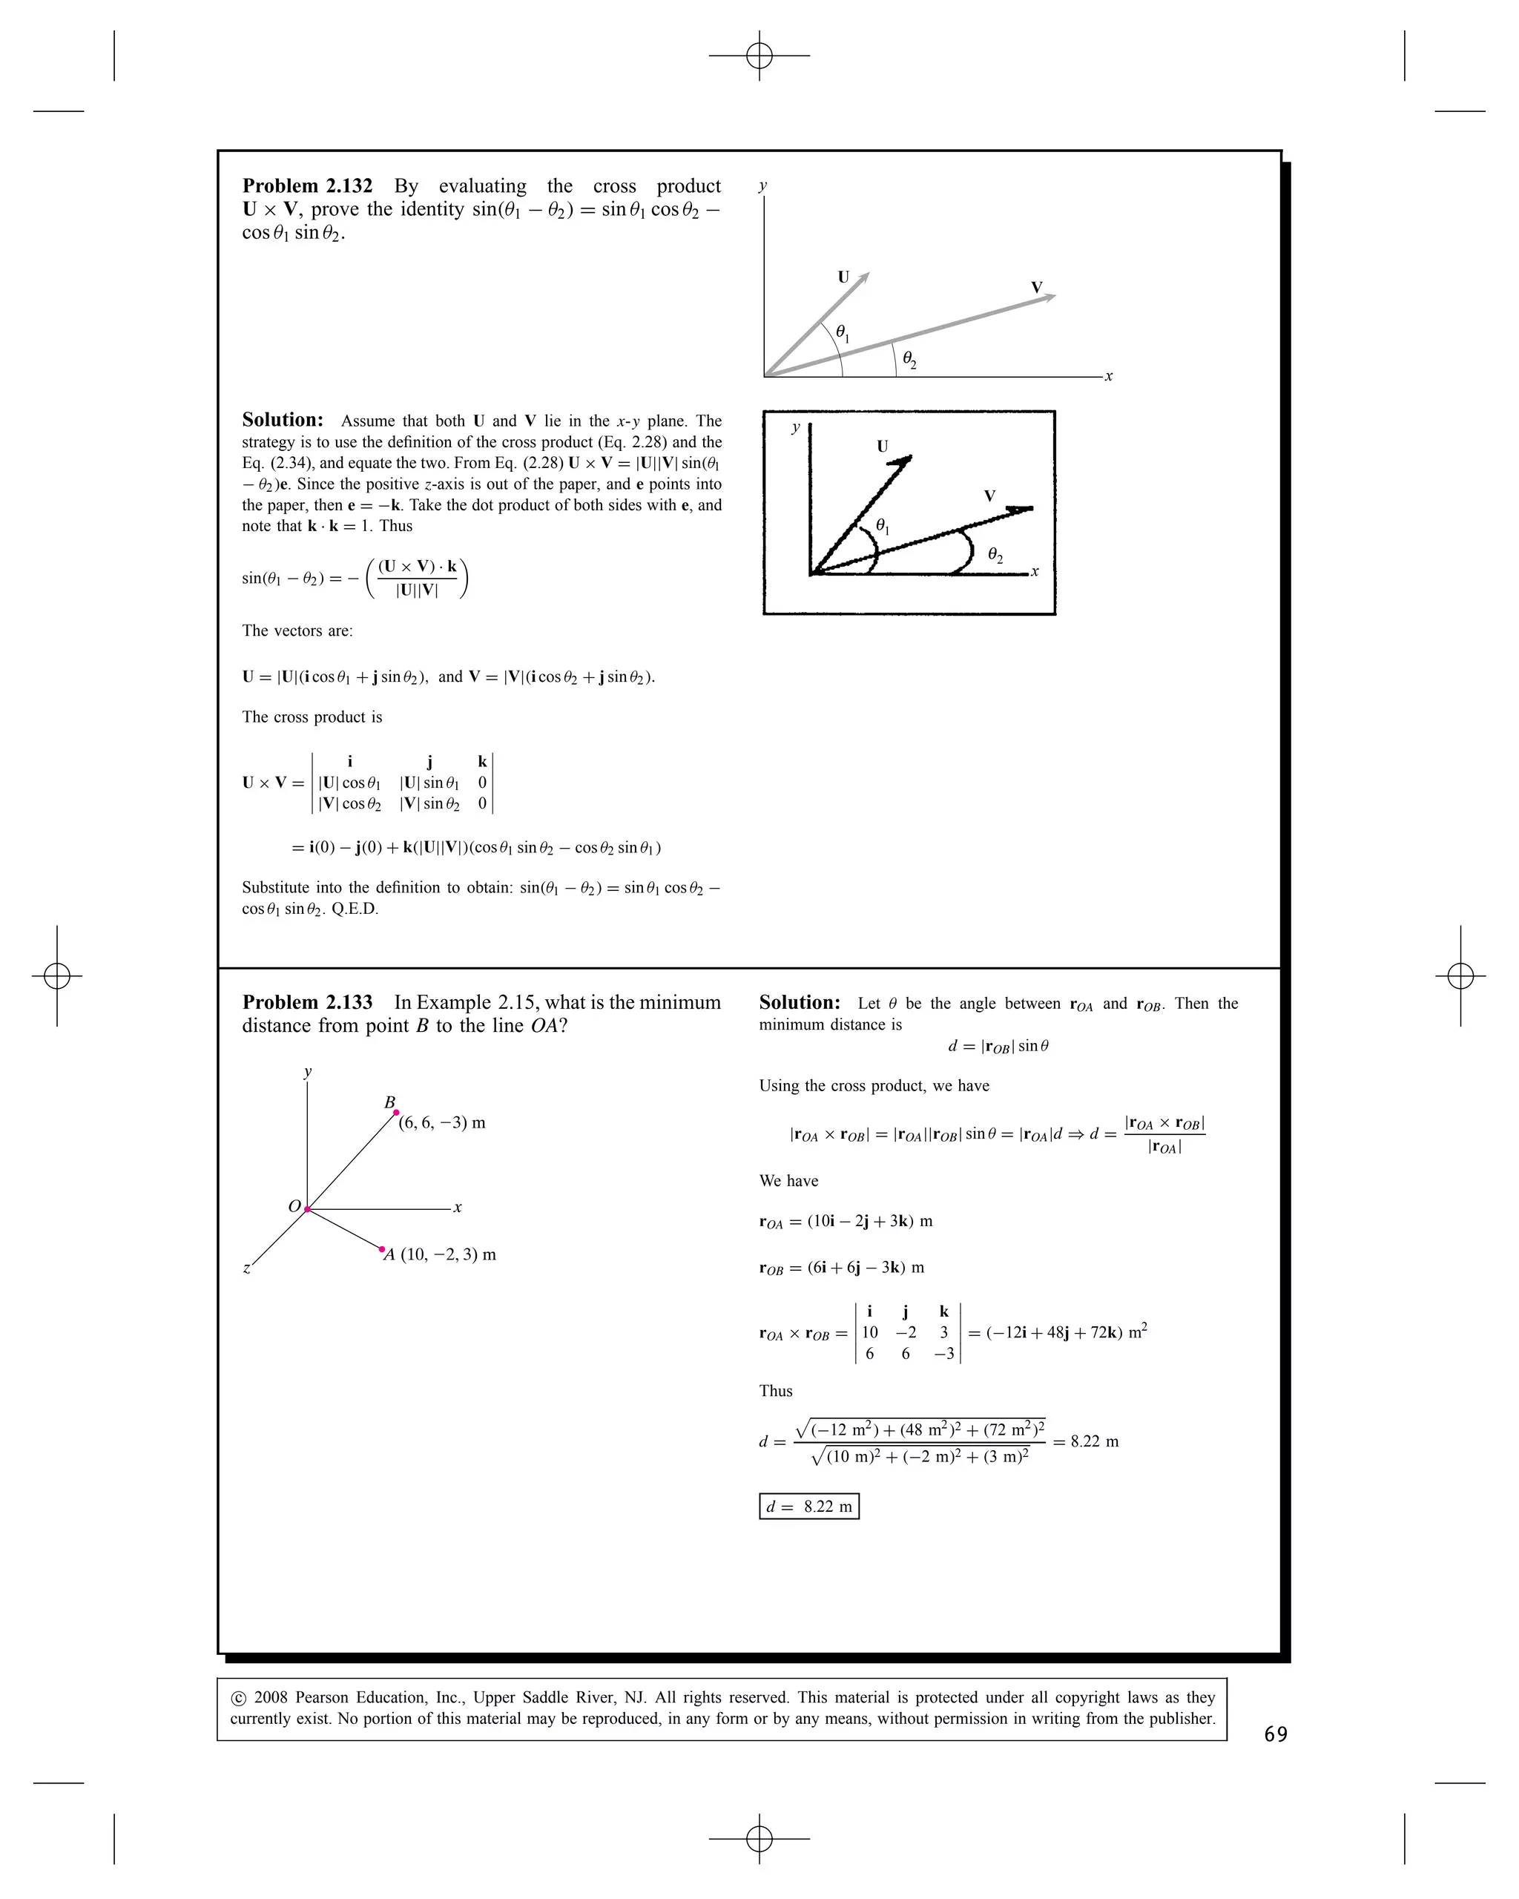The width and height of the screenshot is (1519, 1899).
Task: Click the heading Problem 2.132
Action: click(306, 186)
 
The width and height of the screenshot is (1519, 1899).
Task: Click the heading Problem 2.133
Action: click(306, 1002)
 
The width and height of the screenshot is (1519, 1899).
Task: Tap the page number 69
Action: click(1275, 1734)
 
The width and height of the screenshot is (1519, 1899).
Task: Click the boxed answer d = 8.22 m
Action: click(808, 1506)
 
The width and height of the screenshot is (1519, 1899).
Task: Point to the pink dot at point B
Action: click(396, 1113)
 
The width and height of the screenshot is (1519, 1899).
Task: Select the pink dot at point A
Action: click(381, 1249)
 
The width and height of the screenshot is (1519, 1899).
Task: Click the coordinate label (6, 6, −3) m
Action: click(441, 1123)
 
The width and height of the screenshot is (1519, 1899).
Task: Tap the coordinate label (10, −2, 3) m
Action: click(448, 1254)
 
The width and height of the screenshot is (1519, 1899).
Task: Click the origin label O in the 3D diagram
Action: click(295, 1206)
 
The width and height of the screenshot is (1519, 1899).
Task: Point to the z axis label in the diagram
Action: click(246, 1268)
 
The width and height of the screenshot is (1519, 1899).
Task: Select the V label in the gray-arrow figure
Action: click(1036, 288)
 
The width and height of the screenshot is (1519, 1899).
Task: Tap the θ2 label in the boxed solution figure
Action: click(995, 555)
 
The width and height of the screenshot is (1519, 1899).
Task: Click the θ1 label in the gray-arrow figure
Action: click(842, 333)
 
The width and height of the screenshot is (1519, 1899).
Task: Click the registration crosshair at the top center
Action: click(759, 56)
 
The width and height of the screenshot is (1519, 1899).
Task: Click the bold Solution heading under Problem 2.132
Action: click(283, 420)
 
